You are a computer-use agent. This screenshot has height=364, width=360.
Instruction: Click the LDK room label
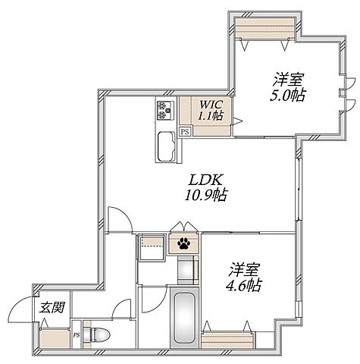point(205,180)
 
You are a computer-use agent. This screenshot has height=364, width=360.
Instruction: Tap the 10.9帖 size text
point(205,195)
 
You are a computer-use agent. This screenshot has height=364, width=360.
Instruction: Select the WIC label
point(211,104)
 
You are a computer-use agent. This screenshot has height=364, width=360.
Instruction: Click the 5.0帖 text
point(287,96)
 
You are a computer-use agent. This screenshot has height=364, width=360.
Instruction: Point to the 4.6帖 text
point(243,285)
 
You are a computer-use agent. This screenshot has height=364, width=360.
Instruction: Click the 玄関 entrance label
point(52,307)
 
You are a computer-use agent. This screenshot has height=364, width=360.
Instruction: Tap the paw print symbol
point(184,243)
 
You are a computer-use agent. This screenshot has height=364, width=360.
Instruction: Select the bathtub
point(185,318)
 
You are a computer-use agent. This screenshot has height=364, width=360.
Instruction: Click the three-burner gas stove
point(165,110)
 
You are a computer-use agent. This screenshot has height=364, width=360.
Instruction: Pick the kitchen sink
point(166,146)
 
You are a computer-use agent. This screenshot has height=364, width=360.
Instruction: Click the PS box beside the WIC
point(185,132)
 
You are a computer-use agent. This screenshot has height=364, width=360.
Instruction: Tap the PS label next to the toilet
point(77,335)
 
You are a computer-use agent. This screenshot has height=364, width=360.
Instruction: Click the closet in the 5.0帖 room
point(265,28)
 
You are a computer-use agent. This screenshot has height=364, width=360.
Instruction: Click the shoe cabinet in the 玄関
point(55,337)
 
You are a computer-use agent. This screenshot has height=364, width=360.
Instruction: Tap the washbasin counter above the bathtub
point(188,270)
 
